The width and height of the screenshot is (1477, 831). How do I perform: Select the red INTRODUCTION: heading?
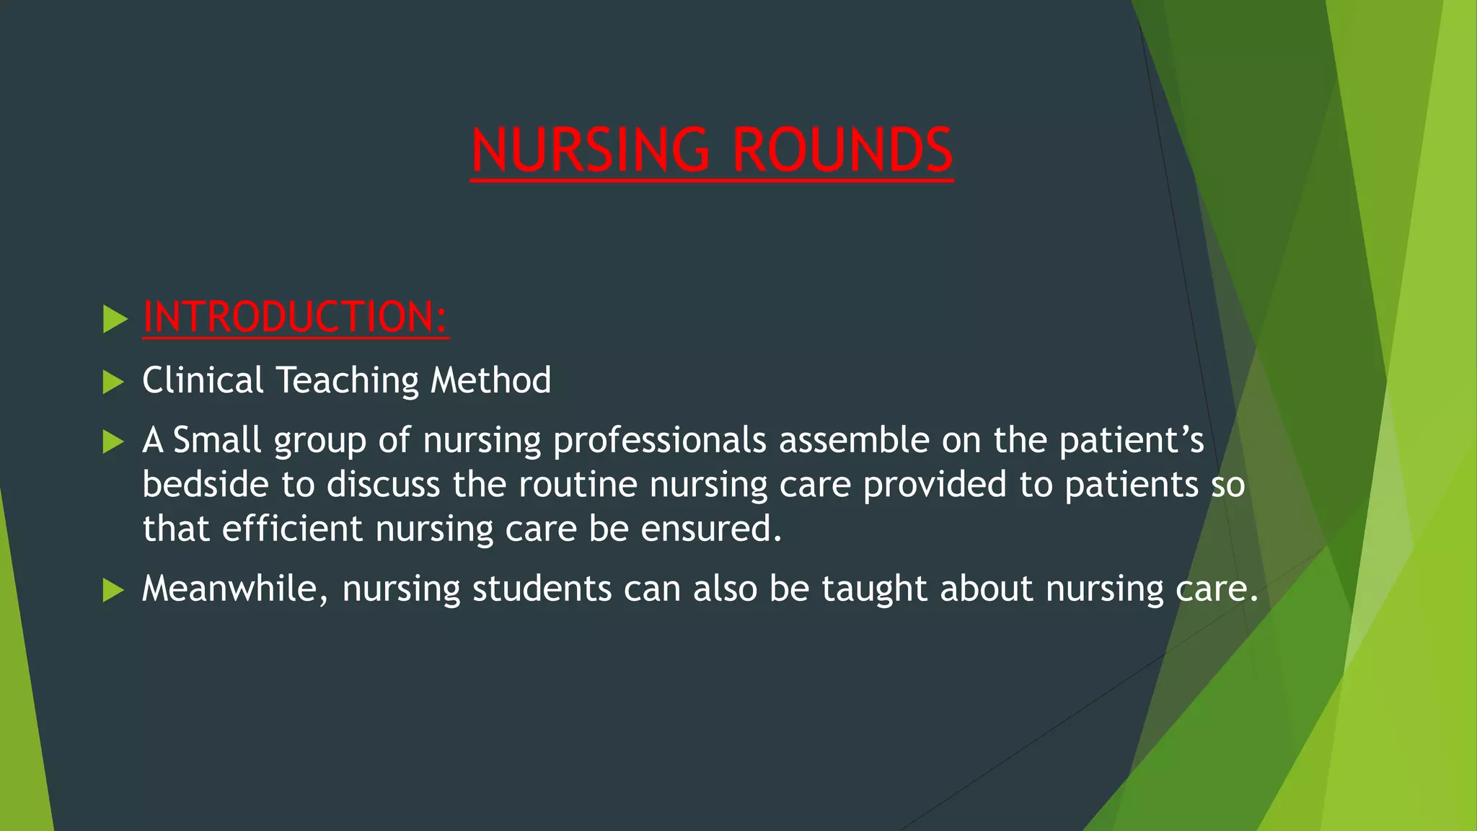pos(296,317)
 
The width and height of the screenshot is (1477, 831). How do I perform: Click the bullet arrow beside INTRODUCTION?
pos(115,318)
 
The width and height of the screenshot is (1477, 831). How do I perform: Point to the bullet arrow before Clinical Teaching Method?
pos(115,382)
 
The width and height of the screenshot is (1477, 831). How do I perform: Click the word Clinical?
pos(203,380)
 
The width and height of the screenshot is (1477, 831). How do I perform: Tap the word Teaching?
pos(347,381)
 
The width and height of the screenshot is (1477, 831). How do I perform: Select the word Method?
pos(490,380)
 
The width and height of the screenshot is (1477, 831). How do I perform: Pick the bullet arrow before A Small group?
pos(115,441)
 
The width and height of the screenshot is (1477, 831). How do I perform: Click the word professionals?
pos(659,441)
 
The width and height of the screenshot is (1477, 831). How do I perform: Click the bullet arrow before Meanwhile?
pos(115,590)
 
